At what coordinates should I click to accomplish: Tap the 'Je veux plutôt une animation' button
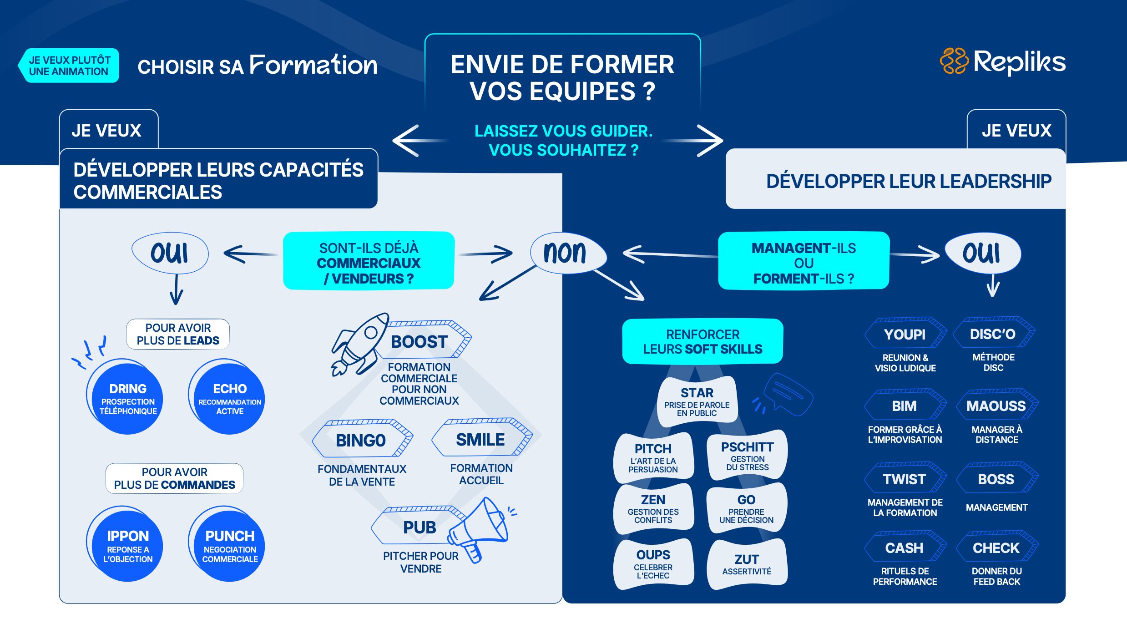click(69, 66)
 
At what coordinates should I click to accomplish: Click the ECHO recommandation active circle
click(229, 397)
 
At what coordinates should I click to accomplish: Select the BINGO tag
click(361, 440)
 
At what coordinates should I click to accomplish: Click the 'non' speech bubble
click(567, 253)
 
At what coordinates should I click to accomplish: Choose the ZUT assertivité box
click(747, 563)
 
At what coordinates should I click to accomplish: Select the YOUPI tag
click(905, 334)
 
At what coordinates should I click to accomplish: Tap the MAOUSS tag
click(996, 406)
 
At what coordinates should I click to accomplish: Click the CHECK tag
click(996, 548)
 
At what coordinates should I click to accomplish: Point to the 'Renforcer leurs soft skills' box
click(702, 341)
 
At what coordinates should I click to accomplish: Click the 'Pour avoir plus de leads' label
click(178, 334)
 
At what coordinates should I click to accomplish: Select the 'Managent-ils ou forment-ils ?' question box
click(804, 261)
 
